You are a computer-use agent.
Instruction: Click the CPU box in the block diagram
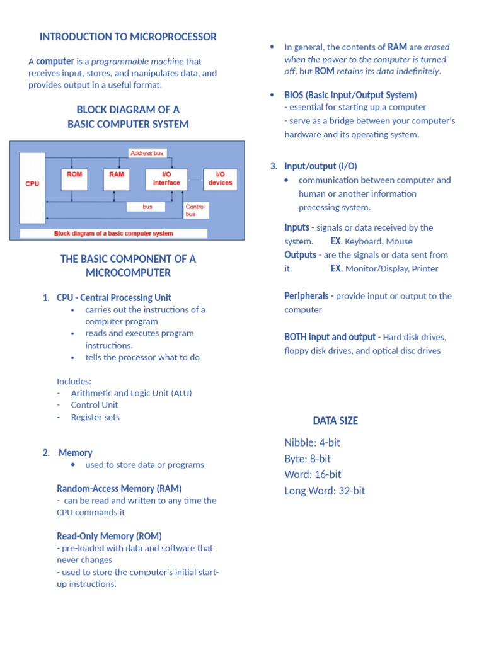tap(32, 187)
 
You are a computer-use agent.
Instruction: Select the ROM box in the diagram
tap(74, 179)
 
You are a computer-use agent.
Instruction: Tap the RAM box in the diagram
tap(117, 179)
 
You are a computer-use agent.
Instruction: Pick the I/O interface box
tap(166, 179)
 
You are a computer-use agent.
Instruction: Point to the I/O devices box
tap(220, 179)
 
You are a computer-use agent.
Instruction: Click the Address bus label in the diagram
tap(147, 153)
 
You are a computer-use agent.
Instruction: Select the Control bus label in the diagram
tap(195, 210)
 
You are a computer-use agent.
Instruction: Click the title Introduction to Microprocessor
tap(128, 37)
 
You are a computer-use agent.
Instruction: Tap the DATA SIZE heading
tap(335, 421)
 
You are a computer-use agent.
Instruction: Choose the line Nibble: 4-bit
tap(312, 443)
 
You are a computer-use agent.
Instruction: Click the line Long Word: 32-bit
tap(325, 491)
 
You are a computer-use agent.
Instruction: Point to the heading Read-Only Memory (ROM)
tap(109, 536)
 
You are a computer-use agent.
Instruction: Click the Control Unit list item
tap(95, 405)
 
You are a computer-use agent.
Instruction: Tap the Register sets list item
tap(95, 417)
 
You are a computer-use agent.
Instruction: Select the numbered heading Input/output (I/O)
tap(320, 166)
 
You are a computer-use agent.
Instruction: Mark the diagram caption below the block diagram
tap(113, 234)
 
